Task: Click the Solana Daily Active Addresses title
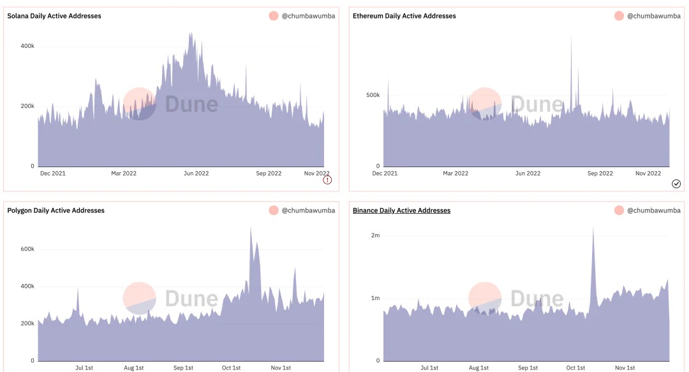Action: click(x=54, y=16)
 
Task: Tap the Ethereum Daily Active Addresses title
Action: click(x=404, y=16)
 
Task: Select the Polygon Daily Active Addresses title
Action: click(x=56, y=211)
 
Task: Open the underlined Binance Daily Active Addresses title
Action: click(x=401, y=211)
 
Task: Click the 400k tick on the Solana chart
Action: click(x=27, y=47)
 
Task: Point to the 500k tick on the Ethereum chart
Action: click(x=373, y=95)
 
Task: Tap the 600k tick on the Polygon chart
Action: click(x=27, y=249)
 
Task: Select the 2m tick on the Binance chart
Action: click(x=375, y=235)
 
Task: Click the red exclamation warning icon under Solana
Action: click(x=327, y=181)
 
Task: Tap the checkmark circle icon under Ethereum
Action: click(x=676, y=184)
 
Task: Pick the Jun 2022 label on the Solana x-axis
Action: click(x=196, y=174)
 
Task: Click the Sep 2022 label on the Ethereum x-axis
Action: click(x=600, y=174)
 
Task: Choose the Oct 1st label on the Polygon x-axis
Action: click(x=232, y=368)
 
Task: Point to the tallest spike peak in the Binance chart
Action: click(x=593, y=227)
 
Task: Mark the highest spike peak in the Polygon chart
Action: click(x=251, y=227)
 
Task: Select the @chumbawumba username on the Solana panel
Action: click(x=308, y=16)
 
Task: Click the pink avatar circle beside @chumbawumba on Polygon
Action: click(x=274, y=211)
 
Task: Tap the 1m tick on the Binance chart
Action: click(x=375, y=299)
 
